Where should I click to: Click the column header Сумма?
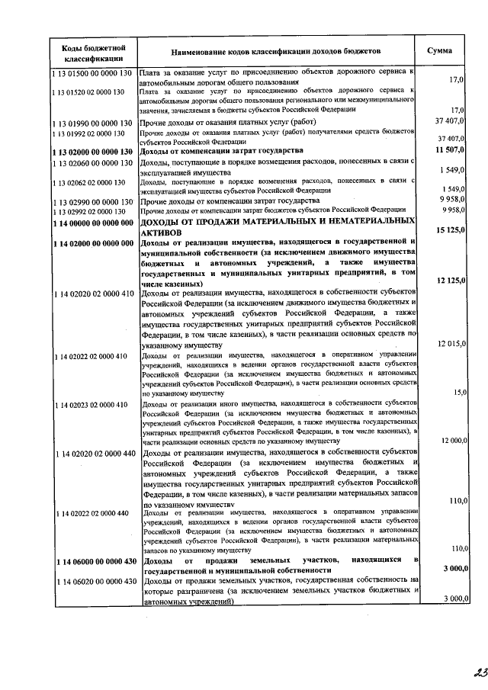click(439, 50)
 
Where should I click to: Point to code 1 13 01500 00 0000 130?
click(94, 72)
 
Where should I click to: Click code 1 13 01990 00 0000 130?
click(94, 122)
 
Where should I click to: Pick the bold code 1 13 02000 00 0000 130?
click(94, 151)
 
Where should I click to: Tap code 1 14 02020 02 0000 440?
click(94, 454)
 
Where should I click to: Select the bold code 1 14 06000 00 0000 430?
click(94, 561)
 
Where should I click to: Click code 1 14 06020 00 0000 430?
click(94, 582)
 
